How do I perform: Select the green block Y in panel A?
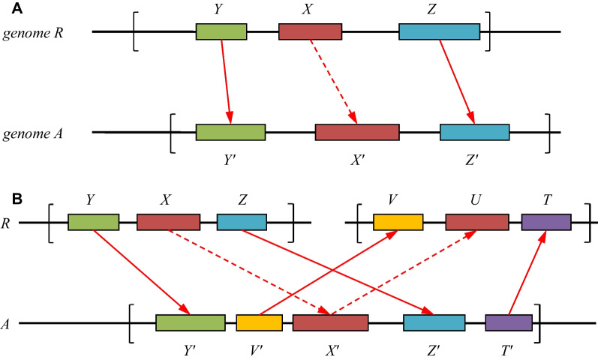click(x=221, y=31)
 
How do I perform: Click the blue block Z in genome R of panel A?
click(x=439, y=31)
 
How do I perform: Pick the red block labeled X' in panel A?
click(x=356, y=132)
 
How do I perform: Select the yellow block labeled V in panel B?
click(x=398, y=222)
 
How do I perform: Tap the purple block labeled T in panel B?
click(x=546, y=222)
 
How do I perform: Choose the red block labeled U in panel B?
click(x=476, y=222)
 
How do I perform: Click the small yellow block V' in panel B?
click(x=259, y=322)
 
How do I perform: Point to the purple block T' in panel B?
click(x=509, y=322)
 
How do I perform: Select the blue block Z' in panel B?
click(x=434, y=322)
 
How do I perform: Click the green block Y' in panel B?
click(x=191, y=322)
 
